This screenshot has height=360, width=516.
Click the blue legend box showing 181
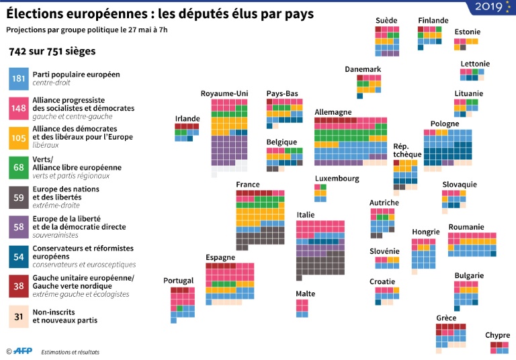click(x=18, y=79)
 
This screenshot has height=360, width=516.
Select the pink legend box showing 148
click(x=18, y=107)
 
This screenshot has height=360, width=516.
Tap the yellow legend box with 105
click(x=18, y=137)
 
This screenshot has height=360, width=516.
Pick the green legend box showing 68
click(x=18, y=167)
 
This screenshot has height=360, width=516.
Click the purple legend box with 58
click(x=18, y=227)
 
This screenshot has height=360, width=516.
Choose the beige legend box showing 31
click(x=18, y=316)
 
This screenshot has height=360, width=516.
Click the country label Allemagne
click(x=333, y=111)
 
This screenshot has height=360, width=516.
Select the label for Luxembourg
click(x=337, y=179)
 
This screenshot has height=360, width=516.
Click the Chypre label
click(x=497, y=335)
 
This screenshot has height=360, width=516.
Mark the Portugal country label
click(x=178, y=281)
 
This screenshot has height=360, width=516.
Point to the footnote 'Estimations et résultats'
click(x=70, y=352)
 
